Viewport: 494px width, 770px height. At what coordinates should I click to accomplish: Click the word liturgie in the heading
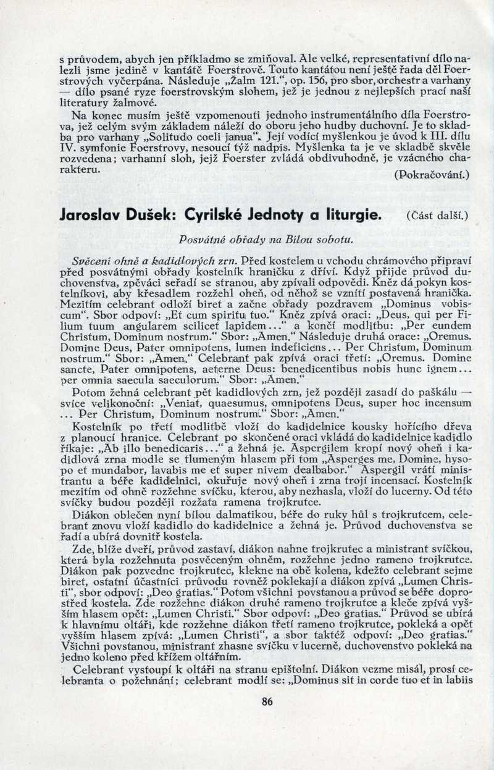pyautogui.click(x=348, y=216)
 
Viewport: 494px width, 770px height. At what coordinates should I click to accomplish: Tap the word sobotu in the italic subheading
pyautogui.click(x=333, y=237)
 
